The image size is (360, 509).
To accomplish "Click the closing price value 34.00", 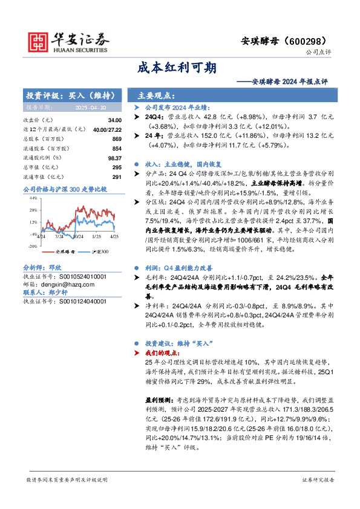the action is (115, 121).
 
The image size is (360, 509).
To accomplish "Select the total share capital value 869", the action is (117, 139).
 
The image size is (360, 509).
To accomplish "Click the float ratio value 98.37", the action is (114, 157).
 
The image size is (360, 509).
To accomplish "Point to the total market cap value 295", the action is (117, 166).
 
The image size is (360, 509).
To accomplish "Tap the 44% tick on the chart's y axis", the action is (33, 198).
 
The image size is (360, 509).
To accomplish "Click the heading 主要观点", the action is (157, 96).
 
